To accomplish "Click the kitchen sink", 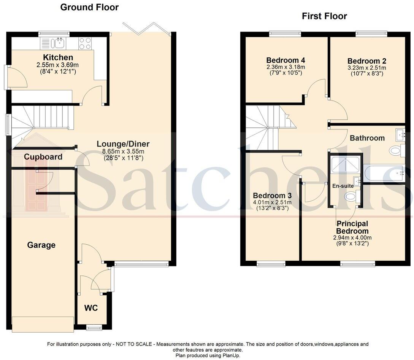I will (59, 43).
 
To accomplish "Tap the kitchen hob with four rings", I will (85, 43).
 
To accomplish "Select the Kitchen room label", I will (58, 58).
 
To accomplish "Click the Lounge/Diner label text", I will (123, 144).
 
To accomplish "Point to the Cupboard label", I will (43, 157).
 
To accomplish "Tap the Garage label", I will (41, 245).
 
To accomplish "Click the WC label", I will (91, 308).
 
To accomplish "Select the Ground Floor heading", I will (89, 7).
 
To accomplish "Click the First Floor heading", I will (324, 16).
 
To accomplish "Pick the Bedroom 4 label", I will (286, 60).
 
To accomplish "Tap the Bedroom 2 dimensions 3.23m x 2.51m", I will (366, 68).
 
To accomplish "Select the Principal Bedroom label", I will (352, 227).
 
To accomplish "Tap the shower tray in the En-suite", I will (345, 164).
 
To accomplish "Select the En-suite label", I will (343, 186).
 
